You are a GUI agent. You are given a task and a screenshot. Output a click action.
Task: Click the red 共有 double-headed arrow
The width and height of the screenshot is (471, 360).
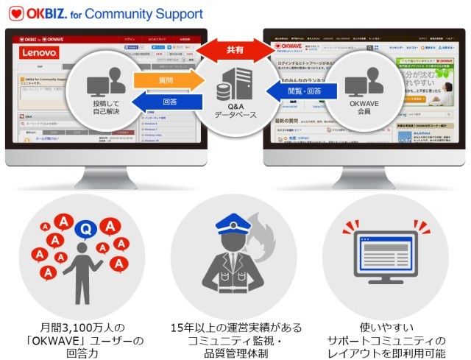pyautogui.click(x=235, y=51)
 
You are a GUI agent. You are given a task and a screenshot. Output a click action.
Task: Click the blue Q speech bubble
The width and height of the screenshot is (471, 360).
pyautogui.click(x=86, y=230)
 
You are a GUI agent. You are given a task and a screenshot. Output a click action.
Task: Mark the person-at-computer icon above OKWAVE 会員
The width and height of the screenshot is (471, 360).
pyautogui.click(x=364, y=86)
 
